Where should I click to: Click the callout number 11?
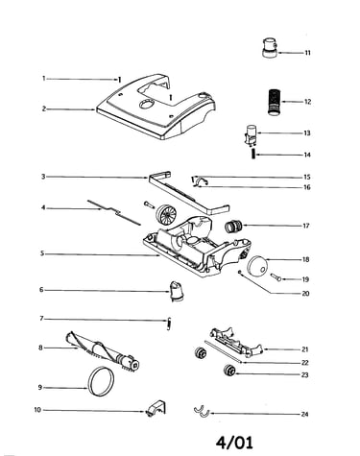pos(307,53)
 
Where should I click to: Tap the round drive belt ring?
pos(88,382)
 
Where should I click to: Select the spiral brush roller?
pos(103,351)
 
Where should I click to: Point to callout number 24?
pos(304,414)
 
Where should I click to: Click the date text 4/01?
pos(234,443)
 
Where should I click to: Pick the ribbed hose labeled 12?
pos(273,102)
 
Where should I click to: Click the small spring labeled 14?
pos(253,155)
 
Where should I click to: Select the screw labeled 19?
pos(276,277)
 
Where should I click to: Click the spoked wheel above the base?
pos(166,214)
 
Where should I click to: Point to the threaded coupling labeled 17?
pos(233,227)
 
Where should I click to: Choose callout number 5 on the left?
pos(42,253)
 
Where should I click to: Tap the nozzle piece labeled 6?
pos(177,291)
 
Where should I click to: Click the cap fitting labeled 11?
pos(270,47)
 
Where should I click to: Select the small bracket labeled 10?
pos(156,408)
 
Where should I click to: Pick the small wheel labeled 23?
pos(229,371)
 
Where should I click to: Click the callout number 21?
pos(304,349)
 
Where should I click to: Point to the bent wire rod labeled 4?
pos(114,211)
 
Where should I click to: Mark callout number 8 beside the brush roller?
pos(40,348)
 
